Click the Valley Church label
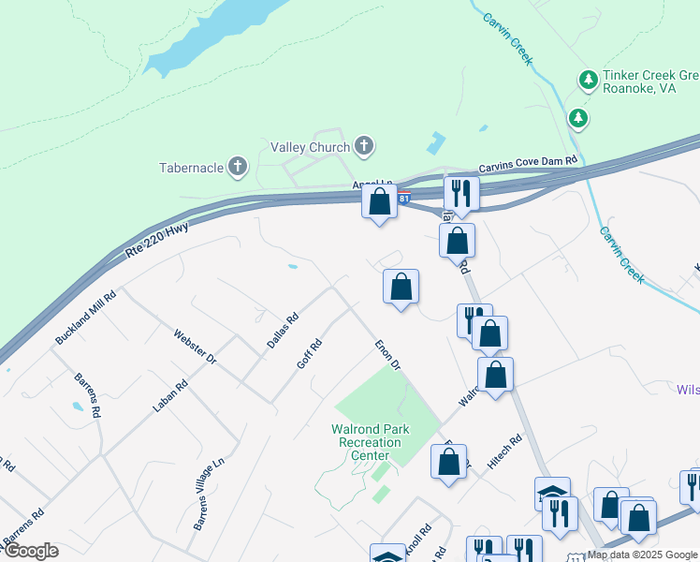pyautogui.click(x=310, y=147)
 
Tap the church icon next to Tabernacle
pyautogui.click(x=238, y=168)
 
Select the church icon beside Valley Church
pyautogui.click(x=363, y=146)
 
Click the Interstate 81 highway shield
pyautogui.click(x=403, y=199)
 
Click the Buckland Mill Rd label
pyautogui.click(x=85, y=318)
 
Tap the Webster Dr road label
pyautogui.click(x=195, y=347)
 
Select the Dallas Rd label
pyautogui.click(x=282, y=330)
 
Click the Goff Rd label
pyautogui.click(x=309, y=354)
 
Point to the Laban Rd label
pyautogui.click(x=170, y=396)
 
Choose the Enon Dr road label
pyautogui.click(x=387, y=354)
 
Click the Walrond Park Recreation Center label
pyautogui.click(x=360, y=442)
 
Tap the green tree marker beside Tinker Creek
pyautogui.click(x=579, y=117)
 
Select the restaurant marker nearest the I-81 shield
pyautogui.click(x=461, y=193)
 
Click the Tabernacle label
pyautogui.click(x=191, y=168)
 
